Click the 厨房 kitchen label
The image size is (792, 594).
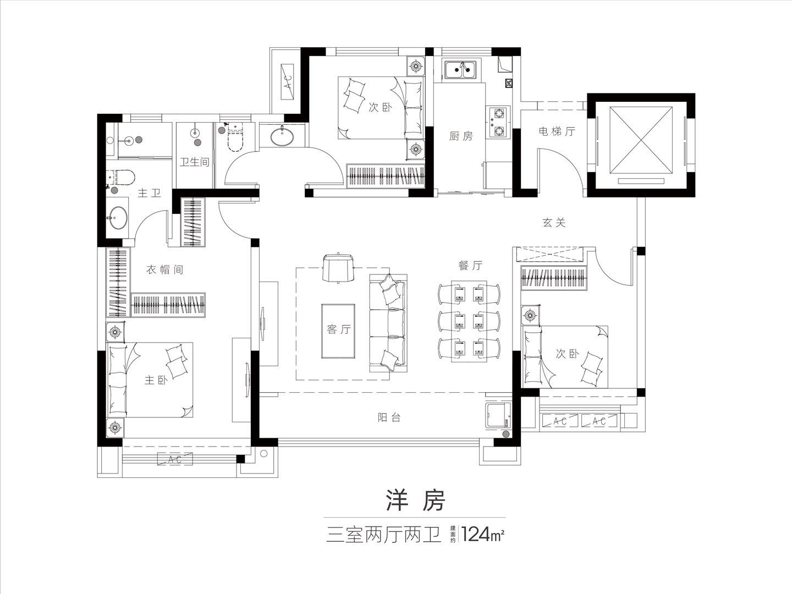[x=461, y=136]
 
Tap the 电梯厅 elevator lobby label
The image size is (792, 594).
[x=557, y=131]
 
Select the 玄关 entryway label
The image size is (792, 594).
[x=554, y=223]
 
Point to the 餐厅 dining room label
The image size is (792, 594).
[x=470, y=266]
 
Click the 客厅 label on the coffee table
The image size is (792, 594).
[x=338, y=329]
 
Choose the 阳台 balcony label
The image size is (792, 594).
[x=389, y=417]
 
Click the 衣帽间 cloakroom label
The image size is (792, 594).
[x=164, y=269]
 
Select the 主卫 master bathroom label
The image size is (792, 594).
[x=149, y=193]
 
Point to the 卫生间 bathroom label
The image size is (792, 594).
[x=195, y=162]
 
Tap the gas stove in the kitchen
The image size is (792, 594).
[x=498, y=122]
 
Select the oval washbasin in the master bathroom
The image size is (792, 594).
[x=119, y=217]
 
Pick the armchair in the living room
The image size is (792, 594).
[x=338, y=267]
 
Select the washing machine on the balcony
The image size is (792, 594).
[x=498, y=416]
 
